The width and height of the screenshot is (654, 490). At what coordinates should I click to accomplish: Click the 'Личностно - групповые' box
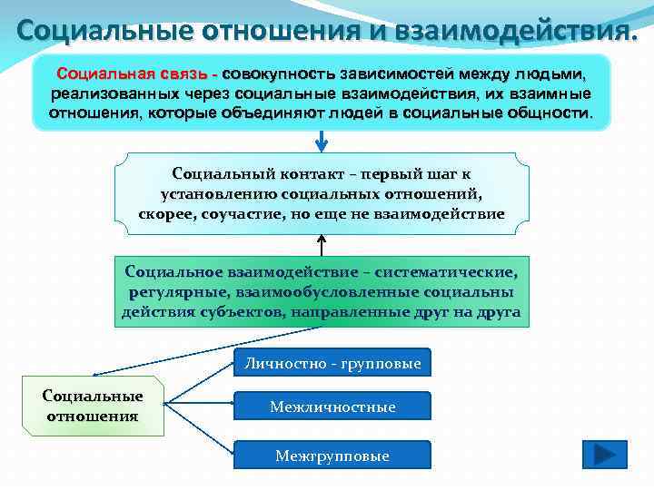pyautogui.click(x=332, y=363)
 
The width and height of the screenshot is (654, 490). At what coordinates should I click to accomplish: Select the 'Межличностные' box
pyautogui.click(x=332, y=407)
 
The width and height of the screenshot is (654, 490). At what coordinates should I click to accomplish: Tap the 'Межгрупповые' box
pyautogui.click(x=332, y=456)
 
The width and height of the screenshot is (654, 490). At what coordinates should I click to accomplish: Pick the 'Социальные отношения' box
pyautogui.click(x=93, y=406)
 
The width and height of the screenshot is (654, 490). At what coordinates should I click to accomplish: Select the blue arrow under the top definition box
pyautogui.click(x=322, y=142)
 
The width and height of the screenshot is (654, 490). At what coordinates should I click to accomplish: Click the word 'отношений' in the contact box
pyautogui.click(x=431, y=193)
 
